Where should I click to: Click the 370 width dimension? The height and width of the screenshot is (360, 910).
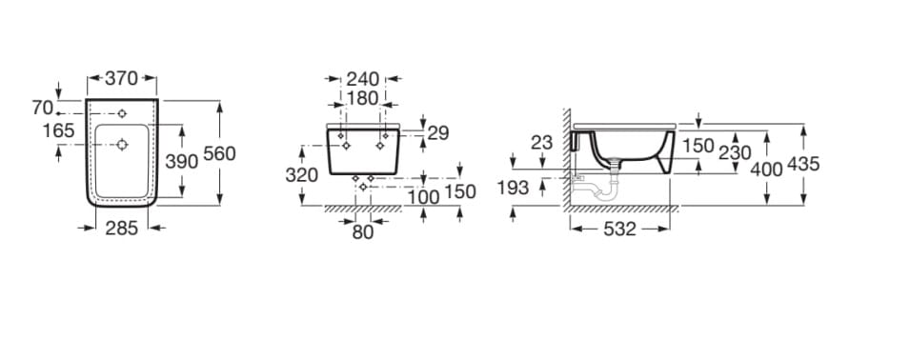click(x=121, y=78)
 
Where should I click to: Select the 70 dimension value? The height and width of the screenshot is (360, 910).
click(x=42, y=108)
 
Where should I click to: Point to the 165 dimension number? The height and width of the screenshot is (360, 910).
click(x=59, y=130)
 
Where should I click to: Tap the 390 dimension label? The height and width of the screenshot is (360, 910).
click(x=182, y=161)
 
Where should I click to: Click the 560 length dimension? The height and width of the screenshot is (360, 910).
click(x=219, y=153)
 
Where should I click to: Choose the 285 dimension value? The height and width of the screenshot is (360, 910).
click(x=121, y=229)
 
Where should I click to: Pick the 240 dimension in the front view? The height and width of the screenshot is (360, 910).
click(x=363, y=78)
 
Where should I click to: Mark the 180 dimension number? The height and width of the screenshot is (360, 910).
click(x=363, y=98)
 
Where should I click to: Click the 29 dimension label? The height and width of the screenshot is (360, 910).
click(x=438, y=132)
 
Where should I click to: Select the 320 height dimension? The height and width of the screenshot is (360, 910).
click(x=302, y=174)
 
